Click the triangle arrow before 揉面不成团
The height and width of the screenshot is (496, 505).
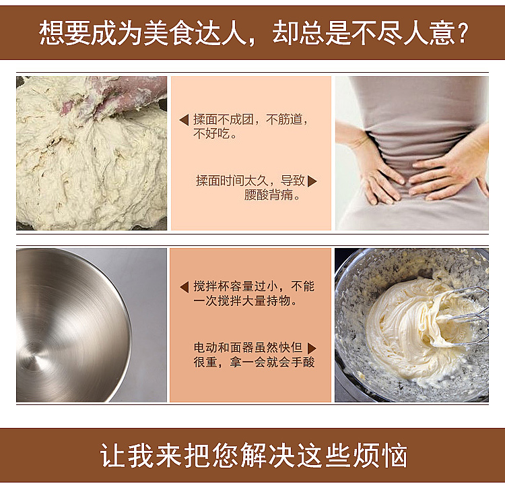[x=184, y=120]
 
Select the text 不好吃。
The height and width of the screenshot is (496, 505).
[x=215, y=134]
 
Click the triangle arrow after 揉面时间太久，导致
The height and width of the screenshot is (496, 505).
[x=312, y=181]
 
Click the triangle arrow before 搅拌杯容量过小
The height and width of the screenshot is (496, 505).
[x=184, y=286]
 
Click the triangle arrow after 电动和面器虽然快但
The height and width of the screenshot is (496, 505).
[x=311, y=348]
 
